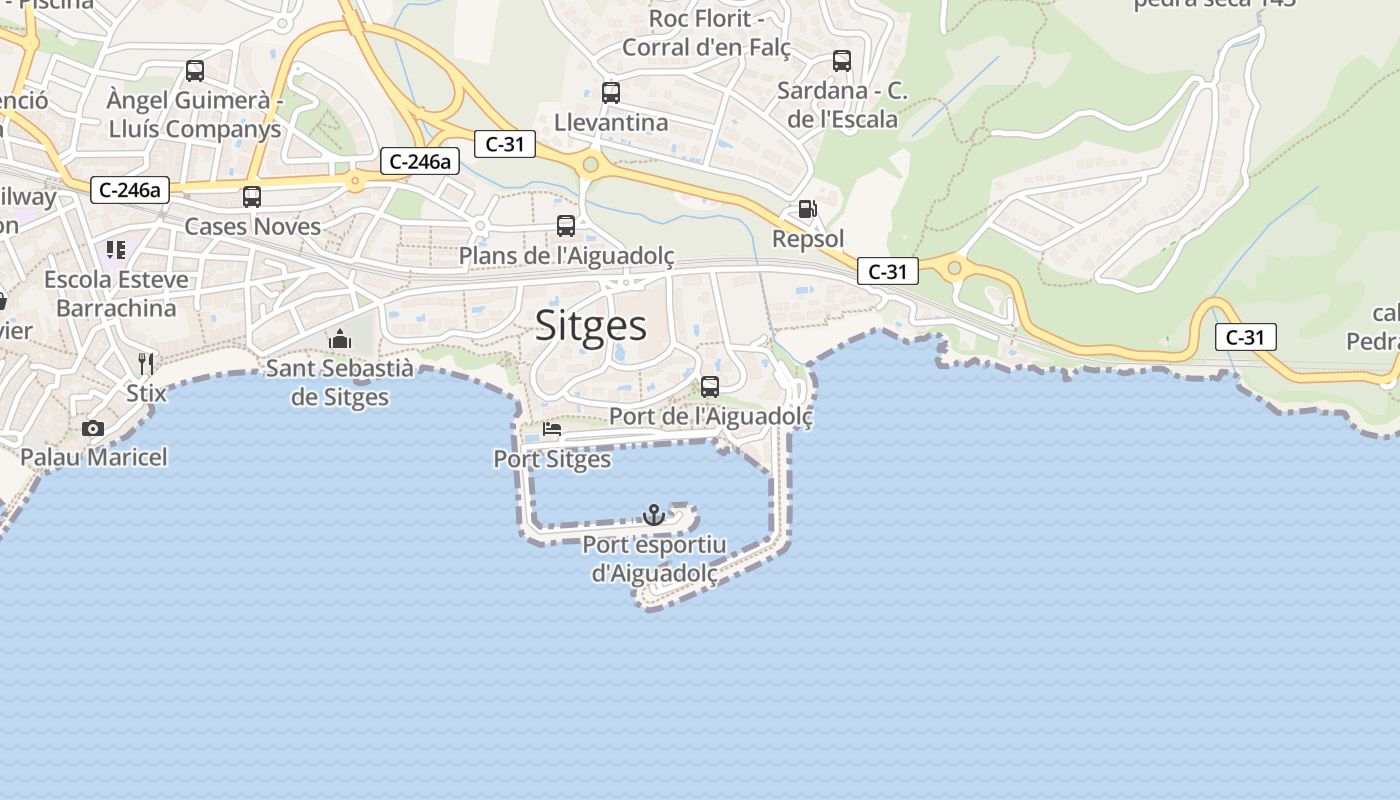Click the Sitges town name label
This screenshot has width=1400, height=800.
(x=591, y=326)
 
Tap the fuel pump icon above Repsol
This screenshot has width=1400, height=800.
(x=807, y=209)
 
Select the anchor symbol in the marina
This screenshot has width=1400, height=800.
(x=653, y=515)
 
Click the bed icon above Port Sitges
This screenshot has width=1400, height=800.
(x=551, y=430)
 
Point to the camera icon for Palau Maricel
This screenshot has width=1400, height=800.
(x=93, y=428)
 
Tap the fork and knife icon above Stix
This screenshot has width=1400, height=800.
(x=146, y=362)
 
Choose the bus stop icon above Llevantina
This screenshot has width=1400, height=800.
(x=611, y=93)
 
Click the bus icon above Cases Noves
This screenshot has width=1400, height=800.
(x=252, y=197)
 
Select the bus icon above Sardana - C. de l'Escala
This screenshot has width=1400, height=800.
(x=842, y=61)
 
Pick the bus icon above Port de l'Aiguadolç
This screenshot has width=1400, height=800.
(x=710, y=386)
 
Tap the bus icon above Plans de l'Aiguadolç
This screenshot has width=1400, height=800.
(x=566, y=226)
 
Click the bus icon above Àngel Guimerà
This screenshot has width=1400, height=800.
(x=195, y=71)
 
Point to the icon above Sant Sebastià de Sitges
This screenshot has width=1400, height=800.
(x=340, y=340)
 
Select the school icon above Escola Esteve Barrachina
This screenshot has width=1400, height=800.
(x=116, y=249)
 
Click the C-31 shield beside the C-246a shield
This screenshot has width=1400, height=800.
(x=505, y=144)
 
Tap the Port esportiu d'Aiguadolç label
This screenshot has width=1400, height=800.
(x=654, y=559)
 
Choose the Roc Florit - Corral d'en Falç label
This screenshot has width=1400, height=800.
(x=706, y=33)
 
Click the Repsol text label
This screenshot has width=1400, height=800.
(x=808, y=239)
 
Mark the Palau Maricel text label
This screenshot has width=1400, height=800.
(x=94, y=457)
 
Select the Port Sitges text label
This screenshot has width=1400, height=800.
(x=552, y=459)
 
